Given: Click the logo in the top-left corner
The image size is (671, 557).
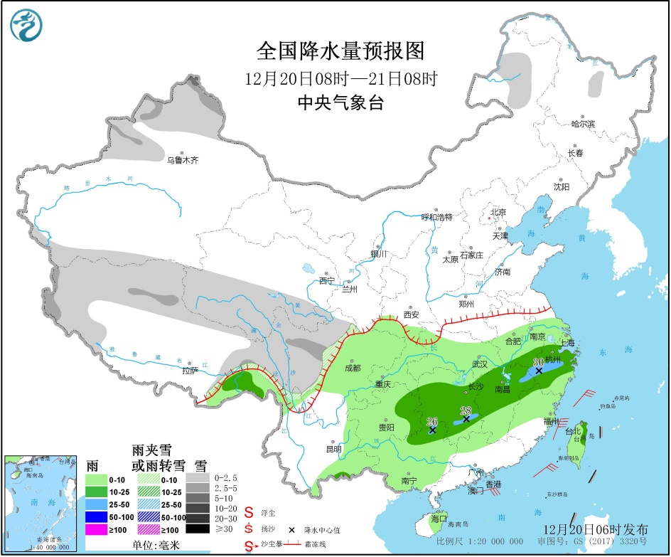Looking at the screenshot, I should click(27, 25).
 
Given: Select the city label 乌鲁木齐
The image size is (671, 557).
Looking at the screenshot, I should click(182, 160).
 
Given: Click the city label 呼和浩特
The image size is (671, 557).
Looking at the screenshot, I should click(437, 216).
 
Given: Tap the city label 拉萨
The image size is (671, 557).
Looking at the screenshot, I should click(189, 370).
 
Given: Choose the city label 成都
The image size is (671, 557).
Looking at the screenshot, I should click(352, 368).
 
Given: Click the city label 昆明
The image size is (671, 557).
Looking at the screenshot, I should click(333, 449).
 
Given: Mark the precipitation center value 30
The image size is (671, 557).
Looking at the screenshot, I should click(538, 361).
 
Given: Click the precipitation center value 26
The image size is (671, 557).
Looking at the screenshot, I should click(431, 420).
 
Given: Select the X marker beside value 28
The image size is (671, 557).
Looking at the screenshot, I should click(466, 419).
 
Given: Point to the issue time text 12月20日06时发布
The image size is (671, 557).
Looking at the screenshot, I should click(595, 529).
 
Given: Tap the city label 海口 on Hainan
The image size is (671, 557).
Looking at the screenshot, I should click(439, 519).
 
